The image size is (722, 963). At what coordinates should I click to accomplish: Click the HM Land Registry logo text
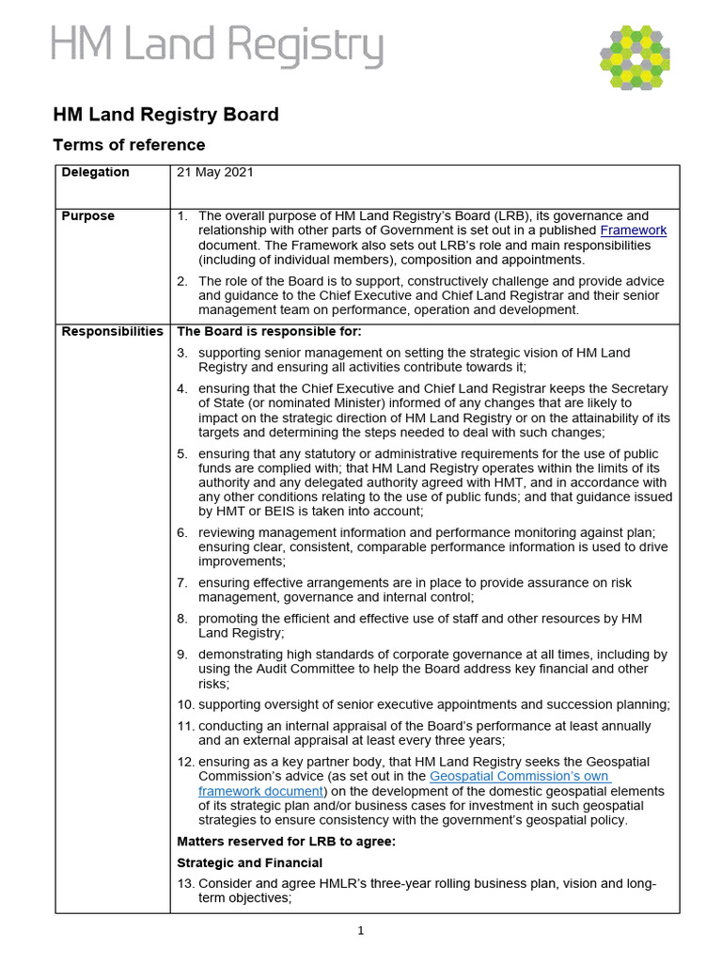216,47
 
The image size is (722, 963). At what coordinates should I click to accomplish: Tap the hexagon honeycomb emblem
635,57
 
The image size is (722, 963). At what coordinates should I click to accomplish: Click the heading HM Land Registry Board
165,115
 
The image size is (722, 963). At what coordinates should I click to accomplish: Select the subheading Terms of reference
129,145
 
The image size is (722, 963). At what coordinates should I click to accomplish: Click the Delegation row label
95,172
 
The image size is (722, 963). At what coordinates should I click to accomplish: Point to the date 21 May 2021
215,172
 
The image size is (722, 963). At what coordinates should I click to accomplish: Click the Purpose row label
87,215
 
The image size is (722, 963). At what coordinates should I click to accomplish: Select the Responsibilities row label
112,332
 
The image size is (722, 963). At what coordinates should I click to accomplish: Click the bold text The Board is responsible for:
269,332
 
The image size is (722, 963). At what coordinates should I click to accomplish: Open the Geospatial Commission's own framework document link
519,777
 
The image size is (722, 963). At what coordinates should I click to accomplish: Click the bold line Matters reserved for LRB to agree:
287,842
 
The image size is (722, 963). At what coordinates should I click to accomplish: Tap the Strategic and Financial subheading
249,863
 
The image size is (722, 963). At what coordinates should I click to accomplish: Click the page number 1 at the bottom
360,931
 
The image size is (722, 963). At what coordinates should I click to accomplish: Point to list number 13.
185,884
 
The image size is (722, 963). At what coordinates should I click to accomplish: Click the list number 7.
182,583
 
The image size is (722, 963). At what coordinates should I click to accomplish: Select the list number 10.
185,704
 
